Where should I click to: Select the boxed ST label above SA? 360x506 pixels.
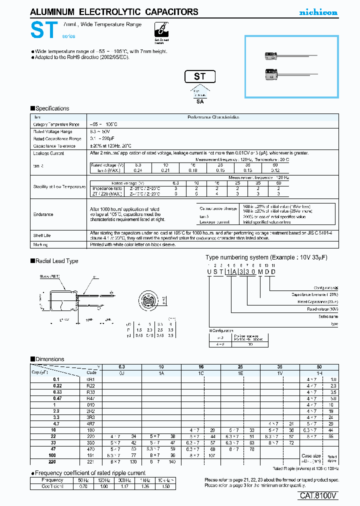(x=200, y=76)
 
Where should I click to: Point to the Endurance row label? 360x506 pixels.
(x=43, y=214)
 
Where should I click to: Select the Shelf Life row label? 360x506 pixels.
(x=42, y=234)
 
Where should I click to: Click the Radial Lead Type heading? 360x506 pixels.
(x=56, y=261)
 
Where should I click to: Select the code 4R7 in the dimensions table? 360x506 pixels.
(x=91, y=423)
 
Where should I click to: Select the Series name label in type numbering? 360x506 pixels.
(x=328, y=316)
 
